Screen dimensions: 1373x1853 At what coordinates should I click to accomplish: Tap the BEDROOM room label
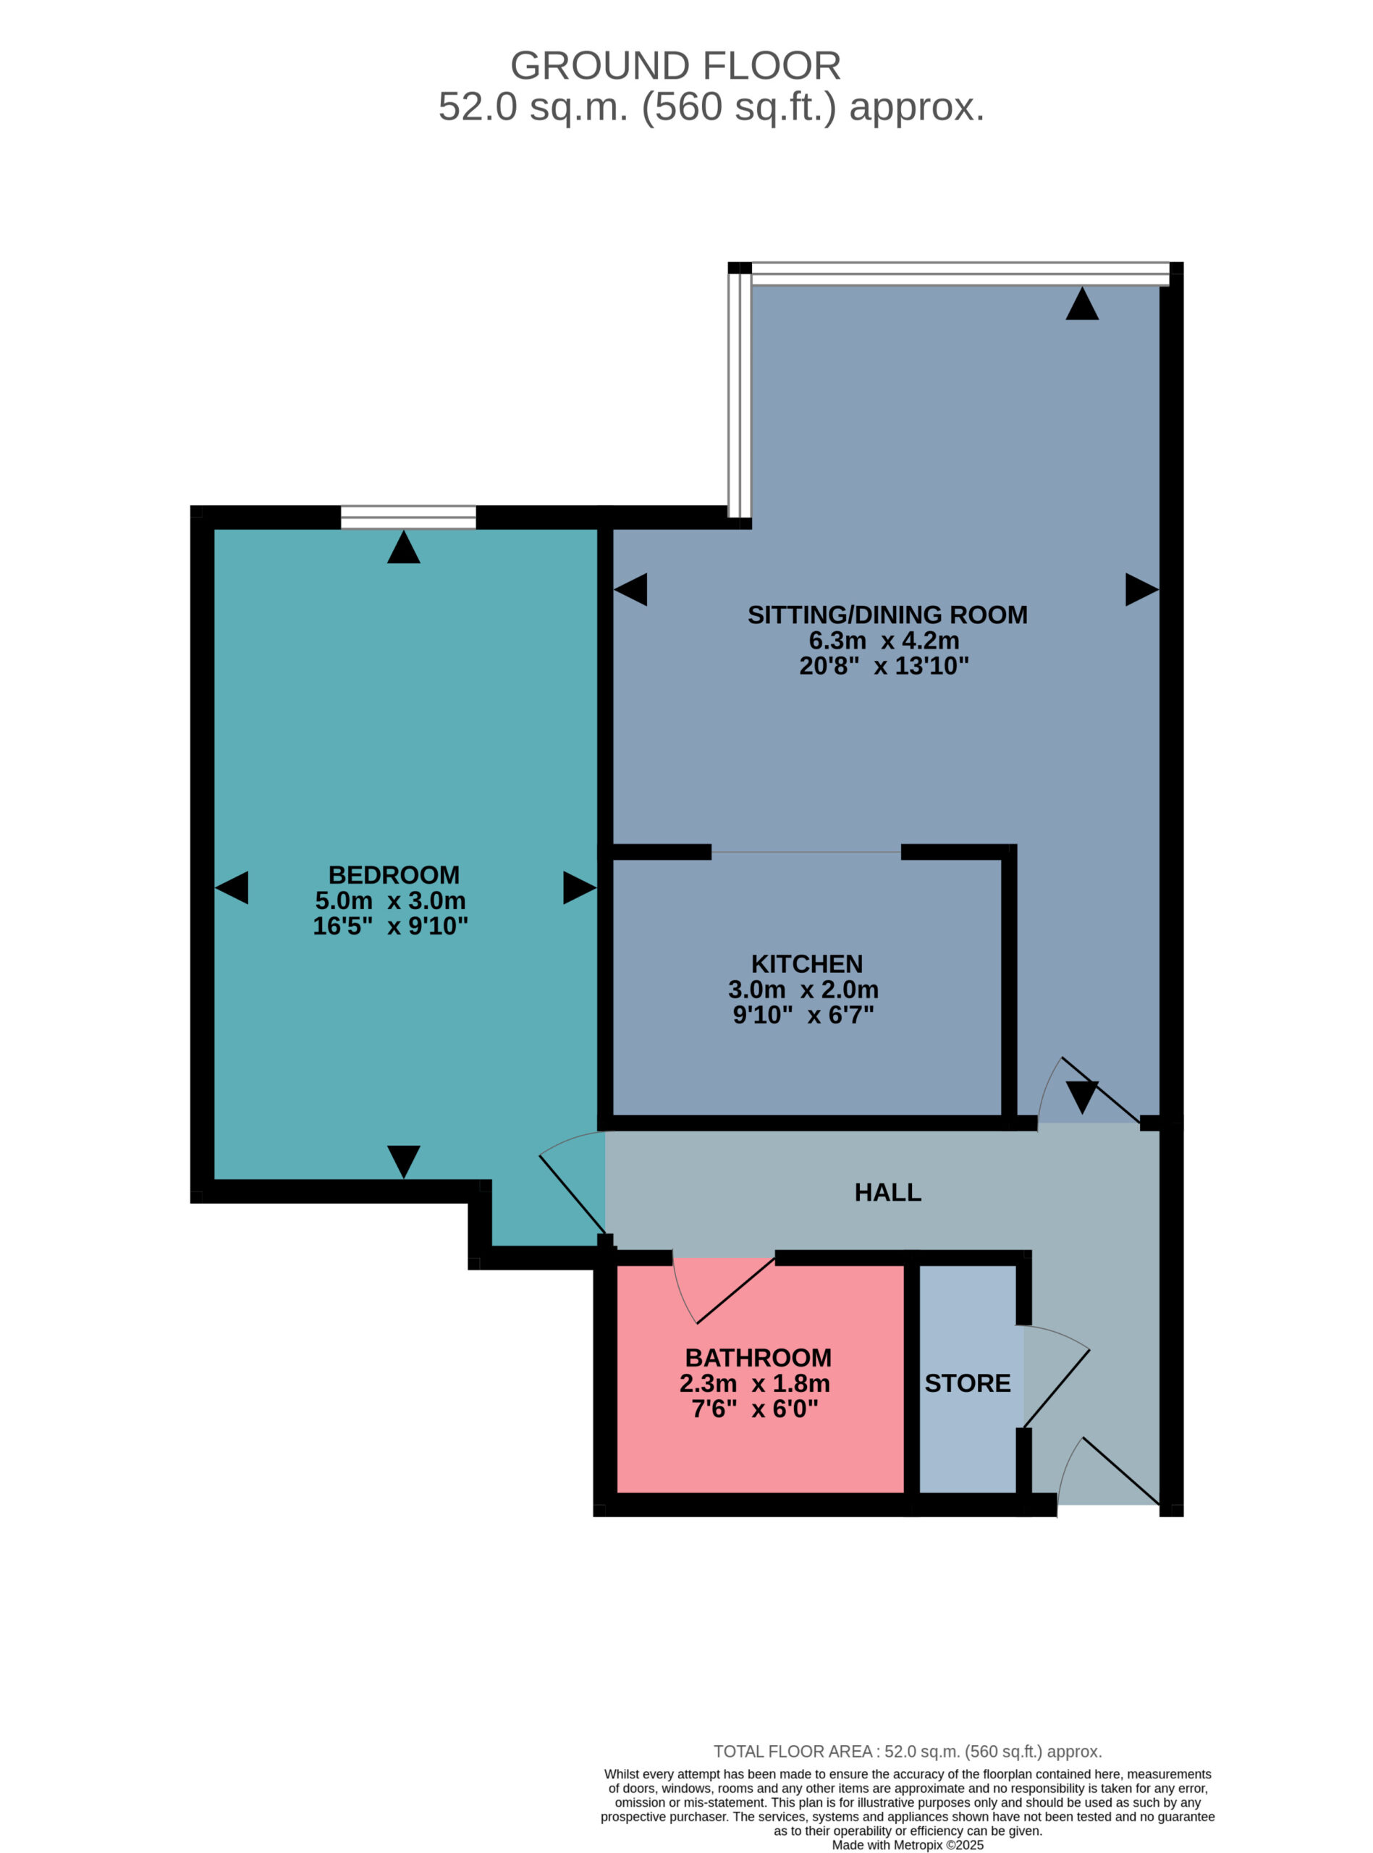click(x=394, y=875)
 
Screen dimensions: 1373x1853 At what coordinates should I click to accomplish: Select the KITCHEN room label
click(x=807, y=964)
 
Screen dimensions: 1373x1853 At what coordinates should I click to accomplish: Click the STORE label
click(x=968, y=1383)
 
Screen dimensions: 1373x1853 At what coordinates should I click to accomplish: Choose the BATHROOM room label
click(x=758, y=1358)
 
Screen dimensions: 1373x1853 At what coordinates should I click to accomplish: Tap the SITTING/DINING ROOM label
click(x=887, y=615)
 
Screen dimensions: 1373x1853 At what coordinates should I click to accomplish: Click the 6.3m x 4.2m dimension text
click(x=884, y=641)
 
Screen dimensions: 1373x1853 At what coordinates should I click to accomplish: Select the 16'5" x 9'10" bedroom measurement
click(x=391, y=926)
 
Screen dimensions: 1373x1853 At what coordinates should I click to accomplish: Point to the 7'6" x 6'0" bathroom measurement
click(x=755, y=1409)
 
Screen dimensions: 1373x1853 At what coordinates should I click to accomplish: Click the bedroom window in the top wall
click(x=408, y=517)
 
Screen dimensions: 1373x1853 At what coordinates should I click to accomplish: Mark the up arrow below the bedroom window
click(x=404, y=546)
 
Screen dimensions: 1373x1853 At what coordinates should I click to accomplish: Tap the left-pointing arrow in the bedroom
click(x=231, y=887)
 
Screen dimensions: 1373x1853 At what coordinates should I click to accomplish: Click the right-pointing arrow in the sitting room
click(x=1142, y=589)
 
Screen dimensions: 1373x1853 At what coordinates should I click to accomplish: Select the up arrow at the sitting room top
click(x=1082, y=303)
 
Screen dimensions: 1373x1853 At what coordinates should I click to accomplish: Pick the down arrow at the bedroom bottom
click(x=404, y=1162)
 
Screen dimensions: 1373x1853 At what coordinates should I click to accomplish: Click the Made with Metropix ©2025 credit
click(x=908, y=1846)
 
